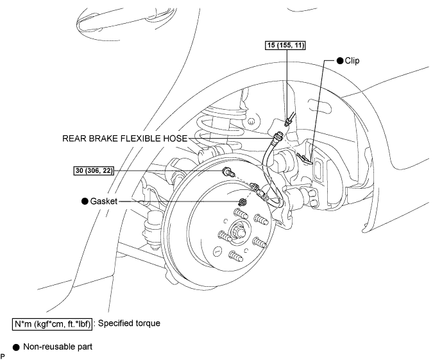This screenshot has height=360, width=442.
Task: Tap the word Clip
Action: tap(352, 60)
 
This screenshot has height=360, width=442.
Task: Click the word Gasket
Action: tap(103, 201)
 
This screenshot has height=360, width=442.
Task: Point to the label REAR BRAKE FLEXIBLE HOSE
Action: tap(124, 139)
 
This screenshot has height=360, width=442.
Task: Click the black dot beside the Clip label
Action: tap(340, 60)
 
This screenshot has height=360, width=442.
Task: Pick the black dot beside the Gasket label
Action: tap(85, 201)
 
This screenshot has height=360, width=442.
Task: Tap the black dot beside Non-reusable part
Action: tap(16, 347)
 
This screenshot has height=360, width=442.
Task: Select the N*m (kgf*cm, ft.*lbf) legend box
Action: tap(53, 324)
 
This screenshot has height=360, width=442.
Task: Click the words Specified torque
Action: tap(129, 323)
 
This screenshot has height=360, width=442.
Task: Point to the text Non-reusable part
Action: tap(58, 347)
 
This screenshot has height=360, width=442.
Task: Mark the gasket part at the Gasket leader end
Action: tap(242, 202)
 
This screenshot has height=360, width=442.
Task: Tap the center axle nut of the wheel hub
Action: tap(239, 232)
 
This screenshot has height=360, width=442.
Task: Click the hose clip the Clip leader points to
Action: tap(305, 158)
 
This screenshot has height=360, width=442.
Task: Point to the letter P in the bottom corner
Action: tap(3, 356)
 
